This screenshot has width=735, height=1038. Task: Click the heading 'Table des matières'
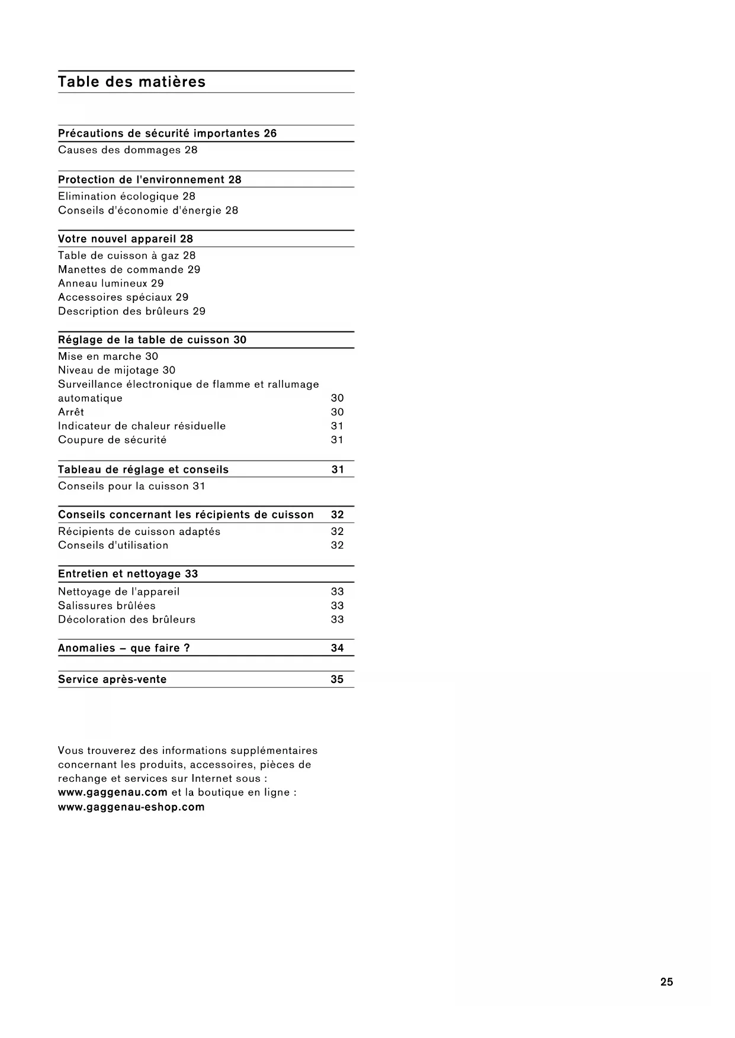point(131,82)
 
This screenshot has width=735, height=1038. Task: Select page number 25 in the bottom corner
point(666,982)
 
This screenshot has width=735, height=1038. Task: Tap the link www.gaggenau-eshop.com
point(131,807)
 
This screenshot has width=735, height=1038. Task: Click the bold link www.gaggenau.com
point(113,792)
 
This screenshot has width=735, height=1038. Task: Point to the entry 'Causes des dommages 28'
point(127,150)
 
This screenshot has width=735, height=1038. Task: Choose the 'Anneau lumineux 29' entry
point(111,283)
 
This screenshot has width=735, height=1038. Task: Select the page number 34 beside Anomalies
point(337,649)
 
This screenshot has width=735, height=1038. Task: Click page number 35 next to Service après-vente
point(337,679)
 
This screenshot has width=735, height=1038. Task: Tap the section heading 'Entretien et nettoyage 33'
point(128,574)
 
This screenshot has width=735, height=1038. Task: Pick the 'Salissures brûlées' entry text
point(107,606)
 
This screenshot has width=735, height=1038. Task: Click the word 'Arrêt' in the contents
point(71,412)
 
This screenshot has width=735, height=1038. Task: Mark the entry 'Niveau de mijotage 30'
point(117,370)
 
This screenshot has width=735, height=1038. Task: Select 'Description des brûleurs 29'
point(131,311)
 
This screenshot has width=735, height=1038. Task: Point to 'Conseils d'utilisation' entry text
point(113,546)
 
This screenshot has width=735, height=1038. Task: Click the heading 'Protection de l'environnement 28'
point(149,180)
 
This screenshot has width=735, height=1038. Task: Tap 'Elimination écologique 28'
point(126,196)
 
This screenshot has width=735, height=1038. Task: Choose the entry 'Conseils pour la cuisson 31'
point(131,486)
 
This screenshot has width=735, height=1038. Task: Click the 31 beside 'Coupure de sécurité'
point(337,440)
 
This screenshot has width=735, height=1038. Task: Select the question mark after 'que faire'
point(187,649)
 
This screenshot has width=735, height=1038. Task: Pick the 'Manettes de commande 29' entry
point(129,270)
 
